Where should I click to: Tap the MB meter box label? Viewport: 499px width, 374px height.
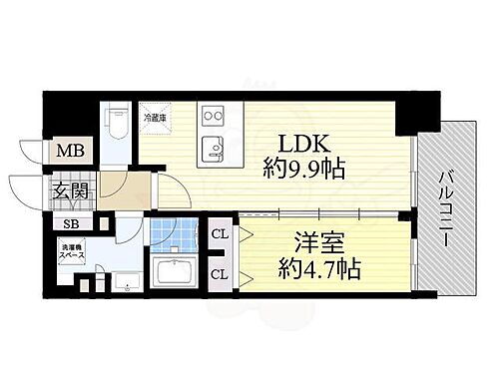coord(69,153)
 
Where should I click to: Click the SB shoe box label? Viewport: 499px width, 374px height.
coord(72,223)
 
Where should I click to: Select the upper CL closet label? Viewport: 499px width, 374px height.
coord(220,235)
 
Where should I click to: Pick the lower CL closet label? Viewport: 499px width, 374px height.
coord(220,270)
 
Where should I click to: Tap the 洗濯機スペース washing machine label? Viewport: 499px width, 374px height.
coord(75,250)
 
